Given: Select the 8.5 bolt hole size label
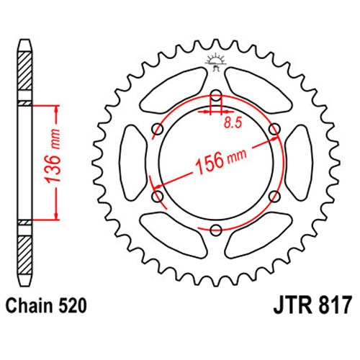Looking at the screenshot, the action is (x=233, y=123).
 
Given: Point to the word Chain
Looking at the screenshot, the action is (x=29, y=305).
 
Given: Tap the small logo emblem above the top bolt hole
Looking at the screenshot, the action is (x=215, y=61).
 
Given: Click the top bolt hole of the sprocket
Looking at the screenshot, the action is (x=216, y=96).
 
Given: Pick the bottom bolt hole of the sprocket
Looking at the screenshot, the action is (x=216, y=230).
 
